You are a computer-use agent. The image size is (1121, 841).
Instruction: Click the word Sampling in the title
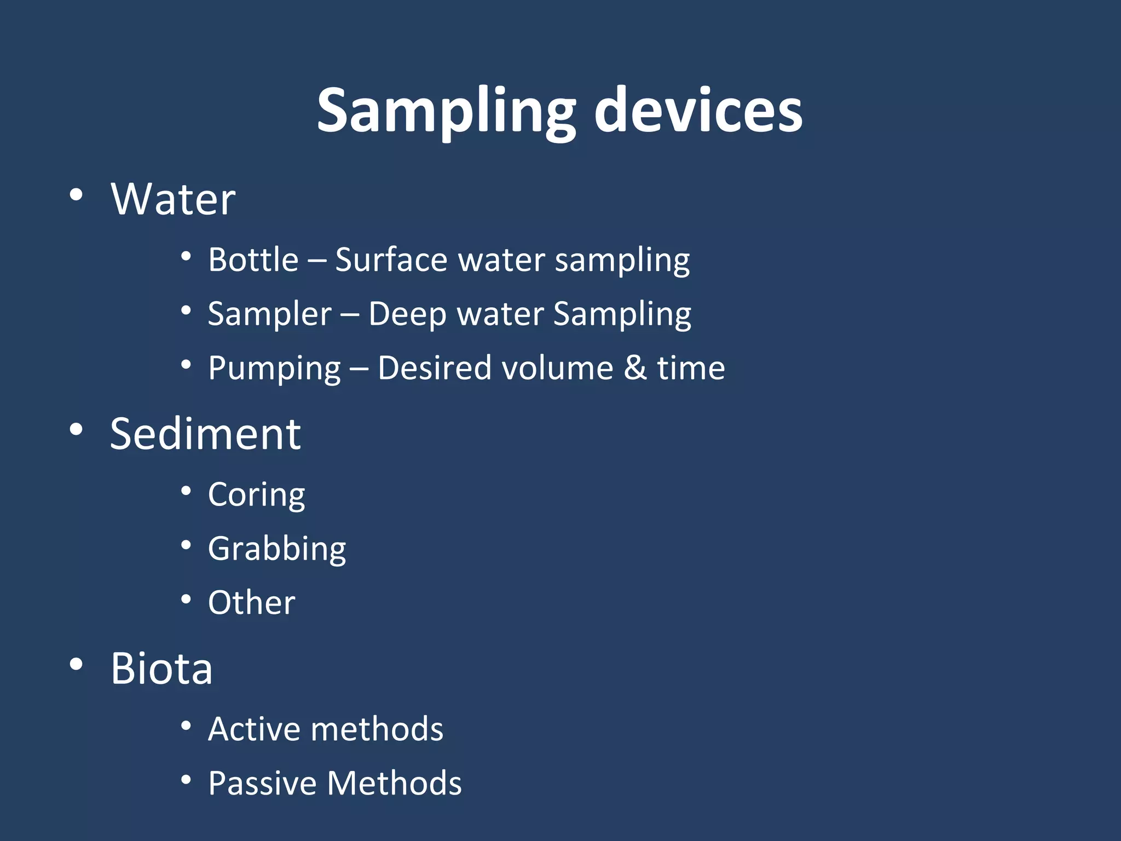(x=446, y=112)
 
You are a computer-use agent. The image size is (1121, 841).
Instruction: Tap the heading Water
(x=173, y=199)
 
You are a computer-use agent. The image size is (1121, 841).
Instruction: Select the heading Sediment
(x=205, y=434)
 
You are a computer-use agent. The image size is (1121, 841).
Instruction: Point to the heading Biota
(x=161, y=669)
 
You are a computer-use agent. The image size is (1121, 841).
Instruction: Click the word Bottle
(x=253, y=260)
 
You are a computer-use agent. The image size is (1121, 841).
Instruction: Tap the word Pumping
(x=274, y=368)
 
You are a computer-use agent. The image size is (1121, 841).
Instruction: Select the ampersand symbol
(x=635, y=368)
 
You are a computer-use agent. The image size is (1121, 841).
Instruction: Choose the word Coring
(x=256, y=496)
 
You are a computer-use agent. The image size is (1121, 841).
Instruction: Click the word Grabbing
(x=277, y=549)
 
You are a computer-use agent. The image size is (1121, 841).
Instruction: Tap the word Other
(x=252, y=603)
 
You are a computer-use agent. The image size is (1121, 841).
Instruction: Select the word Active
(x=254, y=729)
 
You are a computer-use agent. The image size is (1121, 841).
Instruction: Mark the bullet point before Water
(x=76, y=194)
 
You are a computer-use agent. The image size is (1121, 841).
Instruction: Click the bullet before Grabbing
(x=186, y=545)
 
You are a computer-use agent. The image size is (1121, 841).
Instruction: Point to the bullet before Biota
(x=76, y=664)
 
